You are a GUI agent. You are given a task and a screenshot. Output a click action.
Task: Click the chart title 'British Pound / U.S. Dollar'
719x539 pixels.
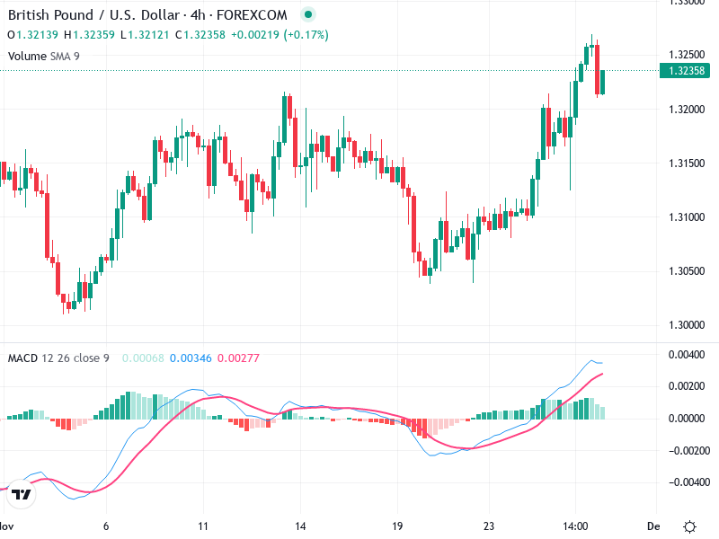click(90, 15)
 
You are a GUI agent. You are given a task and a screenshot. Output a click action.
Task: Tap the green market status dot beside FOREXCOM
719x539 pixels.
click(308, 15)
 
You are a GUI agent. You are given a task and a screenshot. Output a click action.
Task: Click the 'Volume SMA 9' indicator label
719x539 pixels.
click(43, 56)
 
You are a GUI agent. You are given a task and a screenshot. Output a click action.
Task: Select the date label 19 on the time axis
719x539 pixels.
click(397, 526)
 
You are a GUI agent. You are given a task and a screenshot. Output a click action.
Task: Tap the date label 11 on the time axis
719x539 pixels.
click(204, 526)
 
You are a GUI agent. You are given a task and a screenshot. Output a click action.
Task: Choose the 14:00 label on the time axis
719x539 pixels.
click(575, 526)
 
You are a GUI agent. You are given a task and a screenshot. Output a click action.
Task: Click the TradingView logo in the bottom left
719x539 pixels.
click(22, 495)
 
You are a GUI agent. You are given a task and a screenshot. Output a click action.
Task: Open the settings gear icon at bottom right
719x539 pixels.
click(689, 526)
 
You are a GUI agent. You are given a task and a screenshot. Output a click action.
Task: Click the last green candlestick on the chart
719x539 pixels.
click(603, 82)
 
